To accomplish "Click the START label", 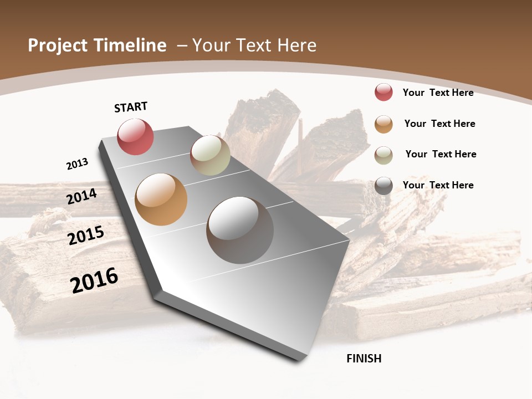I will point(131,107).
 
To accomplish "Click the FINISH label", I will point(364,359).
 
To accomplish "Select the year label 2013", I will point(78,163).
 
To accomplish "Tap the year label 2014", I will point(82,196).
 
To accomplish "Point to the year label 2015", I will point(86,236).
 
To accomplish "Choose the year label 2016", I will point(94,280).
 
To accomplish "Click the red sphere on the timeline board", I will point(136,136).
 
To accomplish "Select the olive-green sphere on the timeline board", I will point(210,155).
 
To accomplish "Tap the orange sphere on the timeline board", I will point(161,199).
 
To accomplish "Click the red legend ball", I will point(383,92).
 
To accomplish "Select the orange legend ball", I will point(383,124).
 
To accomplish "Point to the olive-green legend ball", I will point(383,155).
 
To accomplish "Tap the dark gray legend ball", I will point(383,186).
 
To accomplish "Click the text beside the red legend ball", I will point(438,93).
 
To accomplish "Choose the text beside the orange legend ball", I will point(439,124).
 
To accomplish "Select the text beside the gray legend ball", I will point(438,185).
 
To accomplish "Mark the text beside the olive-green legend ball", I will point(441,154).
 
